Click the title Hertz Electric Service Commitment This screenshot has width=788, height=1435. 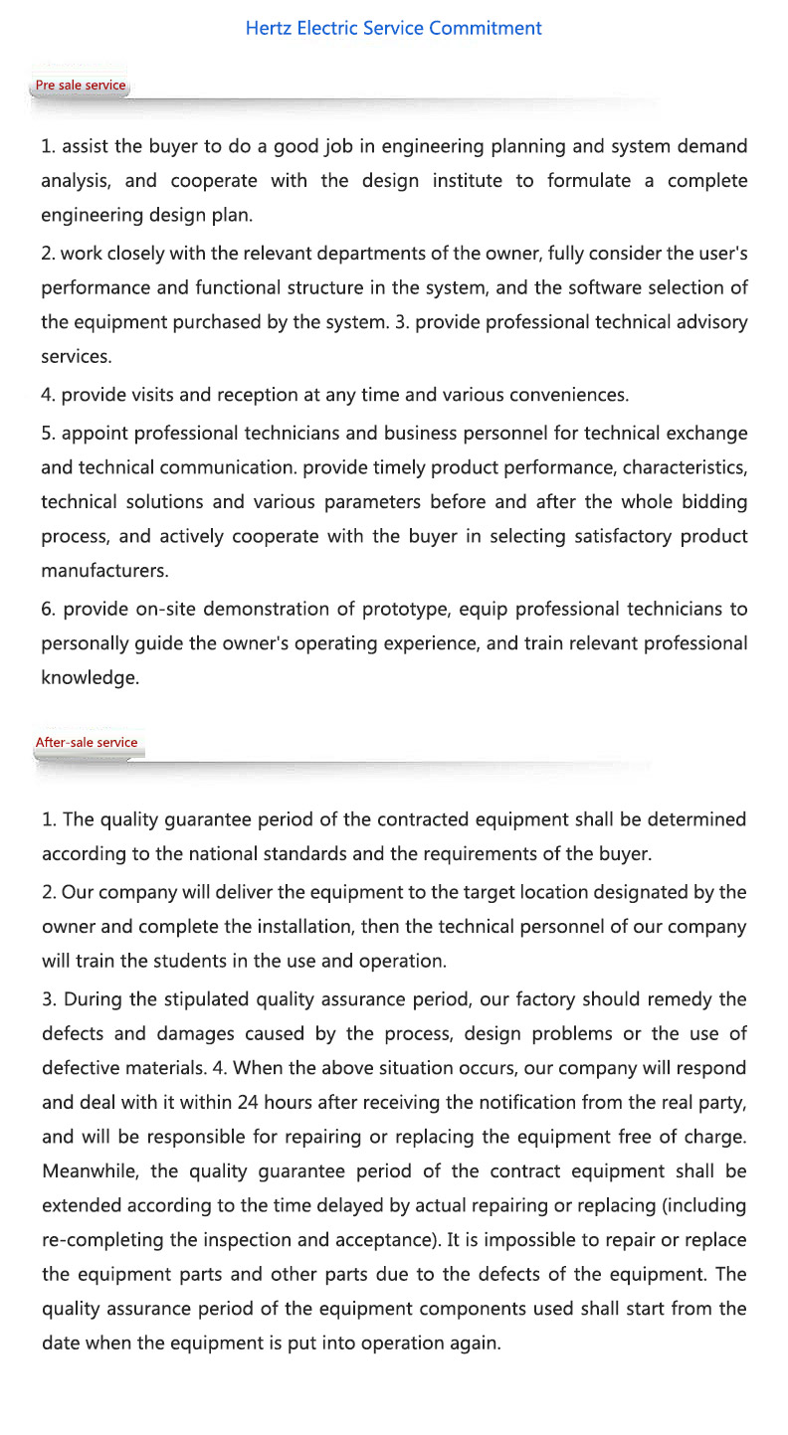pyautogui.click(x=393, y=28)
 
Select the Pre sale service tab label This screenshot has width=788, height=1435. pyautogui.click(x=81, y=86)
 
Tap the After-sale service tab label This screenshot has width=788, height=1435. pyautogui.click(x=87, y=743)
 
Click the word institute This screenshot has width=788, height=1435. pyautogui.click(x=468, y=181)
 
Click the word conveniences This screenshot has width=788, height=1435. pyautogui.click(x=568, y=395)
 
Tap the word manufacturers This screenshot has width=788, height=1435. pyautogui.click(x=104, y=572)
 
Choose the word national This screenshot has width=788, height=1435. pyautogui.click(x=235, y=854)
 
